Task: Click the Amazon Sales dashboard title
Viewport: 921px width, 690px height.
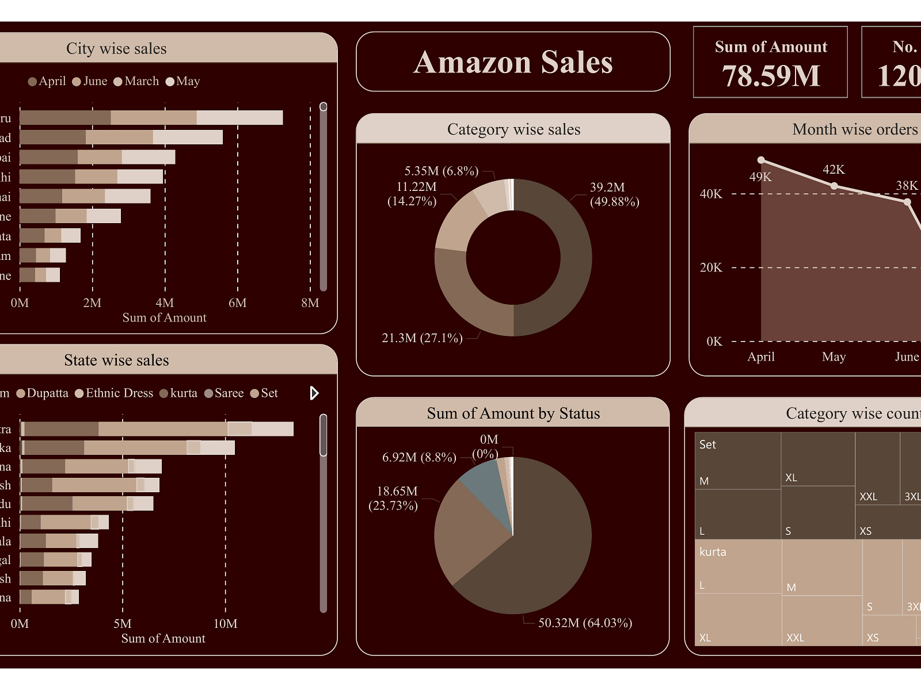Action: (513, 62)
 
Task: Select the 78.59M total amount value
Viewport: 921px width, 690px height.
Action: (771, 76)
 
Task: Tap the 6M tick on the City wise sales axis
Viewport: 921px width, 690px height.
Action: (237, 303)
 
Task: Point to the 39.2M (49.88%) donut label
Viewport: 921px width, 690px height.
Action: (614, 194)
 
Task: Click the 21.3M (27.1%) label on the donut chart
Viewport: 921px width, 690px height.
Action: (422, 338)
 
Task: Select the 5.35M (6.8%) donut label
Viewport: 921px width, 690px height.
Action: (441, 171)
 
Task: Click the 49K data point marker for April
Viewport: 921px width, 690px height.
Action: (761, 160)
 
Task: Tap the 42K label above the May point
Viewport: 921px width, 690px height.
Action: (834, 170)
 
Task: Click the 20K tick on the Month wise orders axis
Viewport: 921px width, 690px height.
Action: (711, 267)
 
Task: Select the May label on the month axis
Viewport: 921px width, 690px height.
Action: (834, 357)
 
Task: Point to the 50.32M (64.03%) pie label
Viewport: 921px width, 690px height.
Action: (585, 623)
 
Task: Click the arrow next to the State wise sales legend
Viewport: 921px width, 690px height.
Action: (314, 393)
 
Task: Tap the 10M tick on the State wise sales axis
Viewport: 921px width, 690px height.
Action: (225, 624)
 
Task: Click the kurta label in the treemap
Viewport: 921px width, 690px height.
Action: (713, 552)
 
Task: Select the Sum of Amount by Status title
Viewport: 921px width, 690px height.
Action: (513, 413)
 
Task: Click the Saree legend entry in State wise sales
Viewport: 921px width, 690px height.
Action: (229, 393)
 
